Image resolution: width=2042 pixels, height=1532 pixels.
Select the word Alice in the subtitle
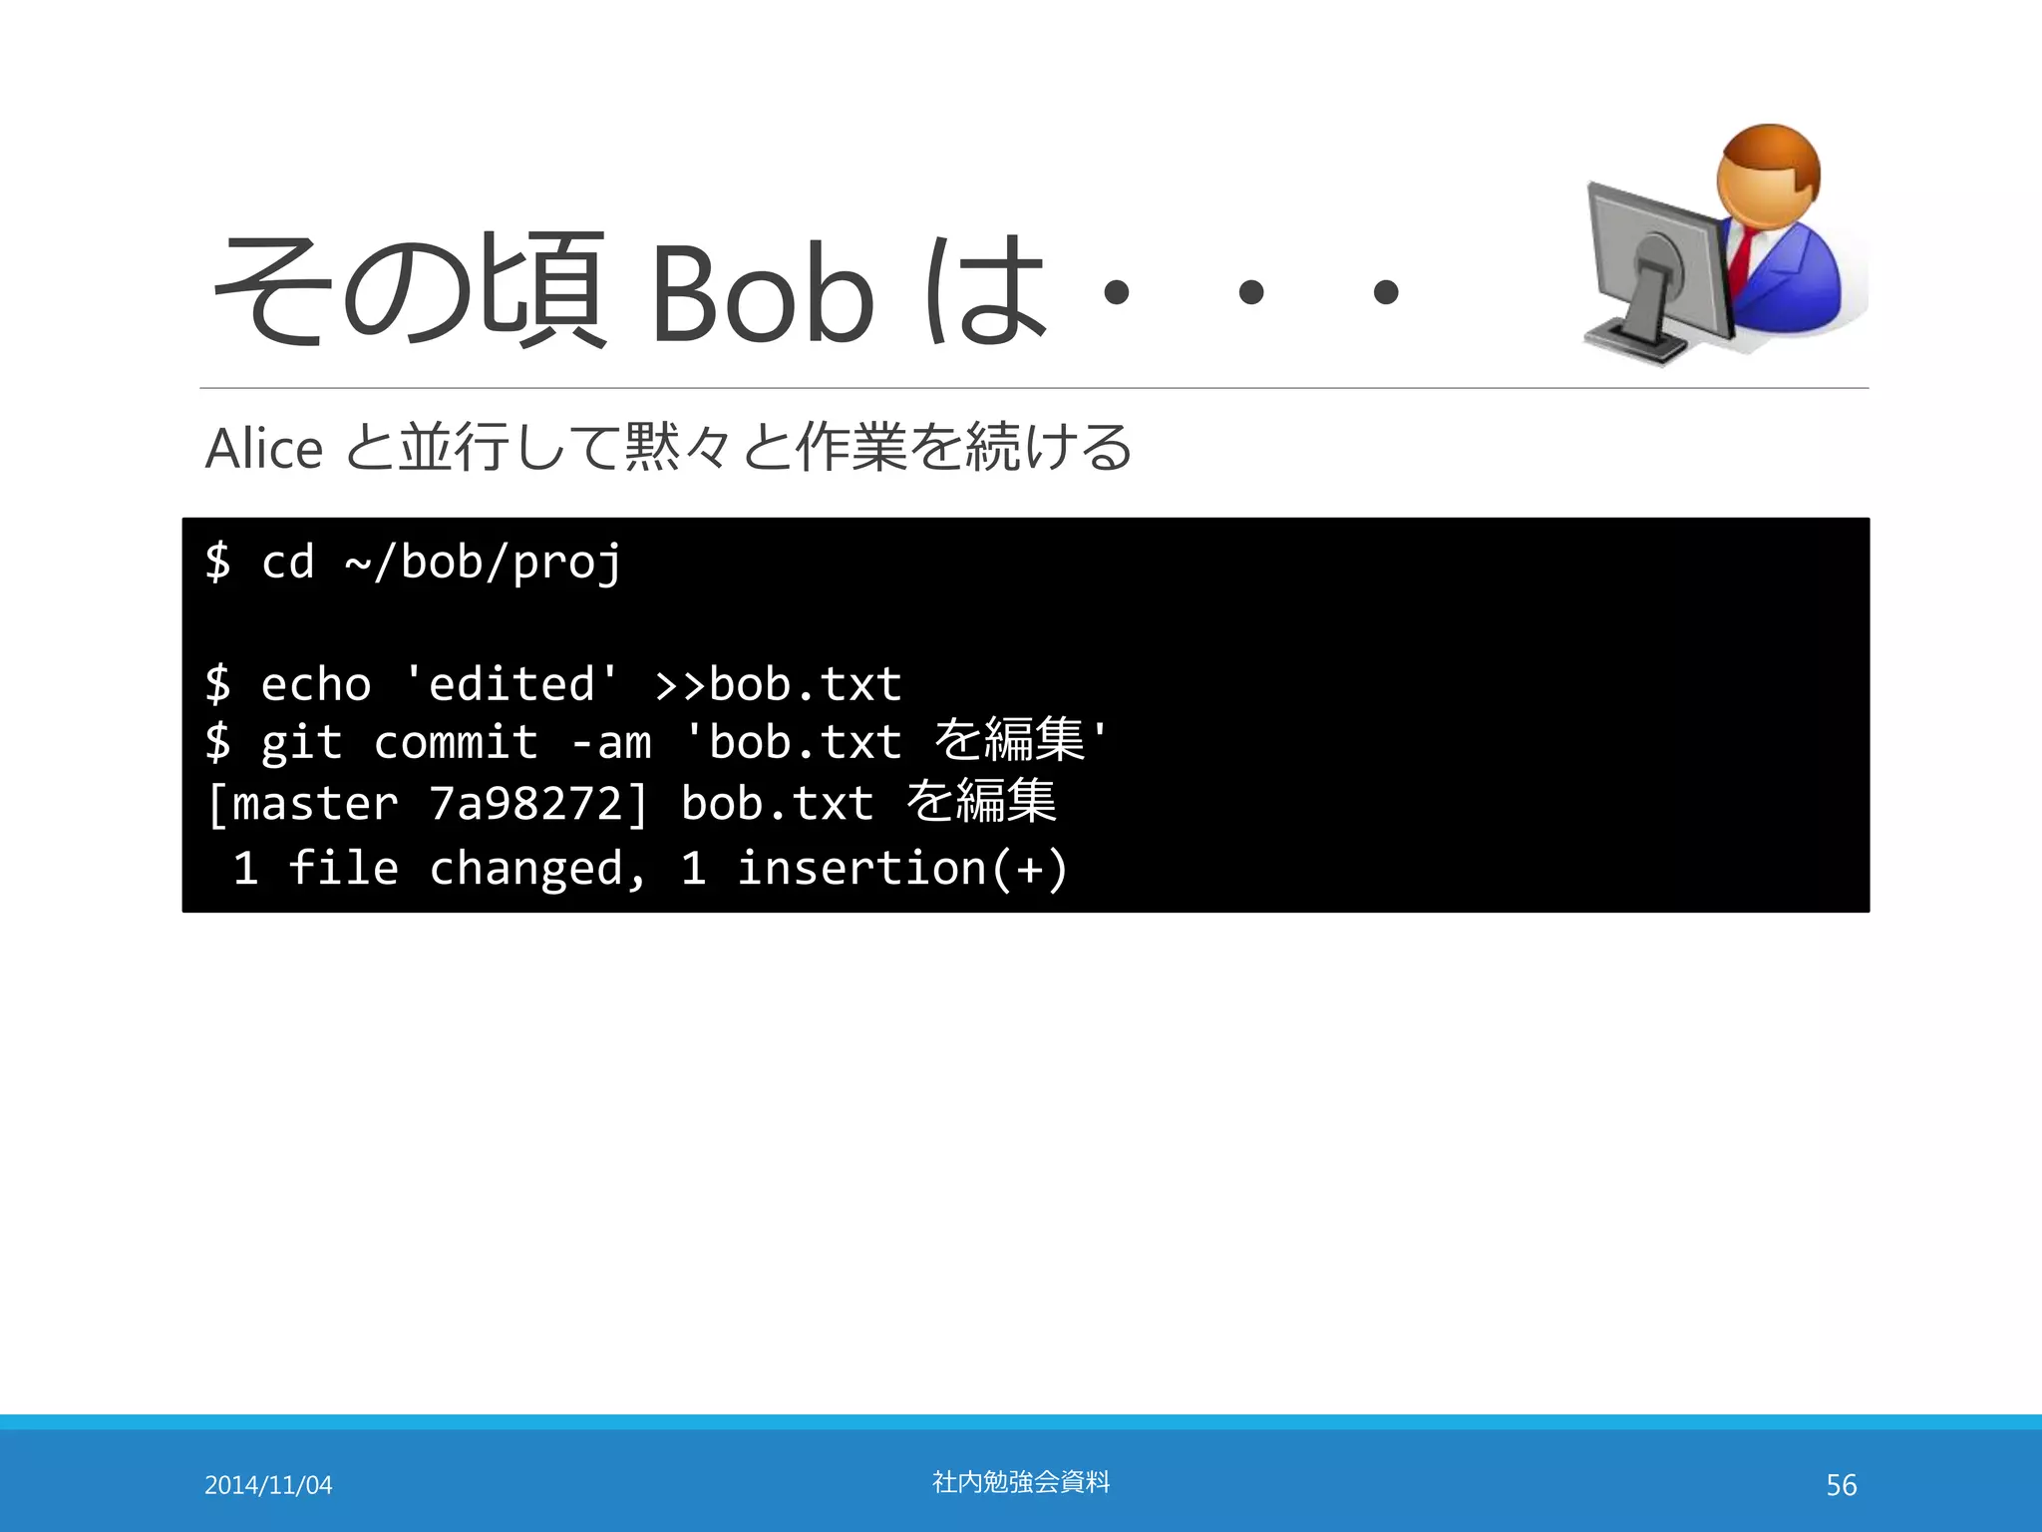[x=264, y=448]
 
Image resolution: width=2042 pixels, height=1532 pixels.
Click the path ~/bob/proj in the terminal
[x=483, y=563]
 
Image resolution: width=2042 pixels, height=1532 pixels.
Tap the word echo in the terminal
[x=315, y=685]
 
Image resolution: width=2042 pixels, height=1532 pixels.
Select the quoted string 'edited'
[x=511, y=684]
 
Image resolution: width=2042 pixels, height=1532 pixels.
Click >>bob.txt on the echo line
[x=778, y=685]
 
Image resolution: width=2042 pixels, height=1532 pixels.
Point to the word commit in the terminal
[x=456, y=743]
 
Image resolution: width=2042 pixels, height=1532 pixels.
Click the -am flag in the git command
[x=611, y=743]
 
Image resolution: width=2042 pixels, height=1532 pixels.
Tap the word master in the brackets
[x=314, y=804]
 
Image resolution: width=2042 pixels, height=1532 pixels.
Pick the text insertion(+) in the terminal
[x=901, y=868]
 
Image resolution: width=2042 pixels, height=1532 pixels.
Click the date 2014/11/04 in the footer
[x=268, y=1485]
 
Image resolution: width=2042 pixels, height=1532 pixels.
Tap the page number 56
[x=1841, y=1485]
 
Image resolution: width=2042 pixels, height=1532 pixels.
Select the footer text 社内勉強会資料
[x=1020, y=1482]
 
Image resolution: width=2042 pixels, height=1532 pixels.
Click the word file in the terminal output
[x=343, y=868]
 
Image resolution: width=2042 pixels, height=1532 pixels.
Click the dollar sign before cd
[x=217, y=563]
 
